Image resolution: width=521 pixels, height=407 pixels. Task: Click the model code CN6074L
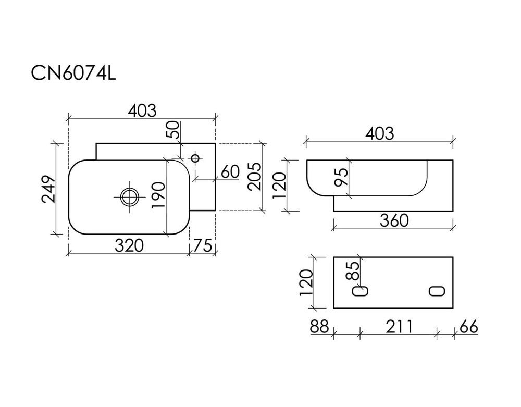(73, 73)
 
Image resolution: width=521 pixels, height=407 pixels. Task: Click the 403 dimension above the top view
(142, 110)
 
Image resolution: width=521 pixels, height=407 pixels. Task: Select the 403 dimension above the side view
(380, 133)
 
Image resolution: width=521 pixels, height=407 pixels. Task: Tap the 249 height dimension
(48, 189)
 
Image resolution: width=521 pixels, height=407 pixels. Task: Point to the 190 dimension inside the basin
(158, 195)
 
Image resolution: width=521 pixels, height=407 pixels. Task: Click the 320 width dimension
(129, 245)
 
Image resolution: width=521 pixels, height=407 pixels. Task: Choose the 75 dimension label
(202, 245)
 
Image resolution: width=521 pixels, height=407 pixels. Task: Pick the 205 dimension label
(255, 177)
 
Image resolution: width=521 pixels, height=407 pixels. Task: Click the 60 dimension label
(230, 172)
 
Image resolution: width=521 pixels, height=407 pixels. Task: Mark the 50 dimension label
(173, 130)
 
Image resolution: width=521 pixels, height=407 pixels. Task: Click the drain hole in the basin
(129, 197)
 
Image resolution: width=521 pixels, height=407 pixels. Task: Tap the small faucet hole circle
(195, 157)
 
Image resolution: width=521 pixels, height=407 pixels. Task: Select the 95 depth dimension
(342, 177)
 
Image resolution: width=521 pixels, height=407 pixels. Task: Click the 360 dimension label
(394, 220)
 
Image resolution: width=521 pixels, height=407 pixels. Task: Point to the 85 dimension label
(353, 271)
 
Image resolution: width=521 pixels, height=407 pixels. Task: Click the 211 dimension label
(400, 326)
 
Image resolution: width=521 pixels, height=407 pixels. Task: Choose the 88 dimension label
(319, 326)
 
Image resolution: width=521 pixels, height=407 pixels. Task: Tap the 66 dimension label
(469, 326)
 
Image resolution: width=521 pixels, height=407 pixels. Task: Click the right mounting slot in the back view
(437, 291)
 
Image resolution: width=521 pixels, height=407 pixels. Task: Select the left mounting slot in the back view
(360, 291)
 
